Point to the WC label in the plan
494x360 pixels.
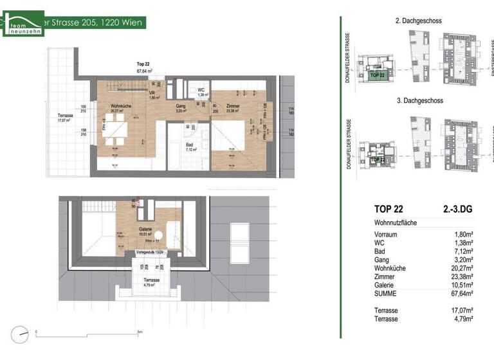[201, 90]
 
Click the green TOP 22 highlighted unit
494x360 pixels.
[378, 75]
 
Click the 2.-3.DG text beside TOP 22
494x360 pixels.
[457, 208]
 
